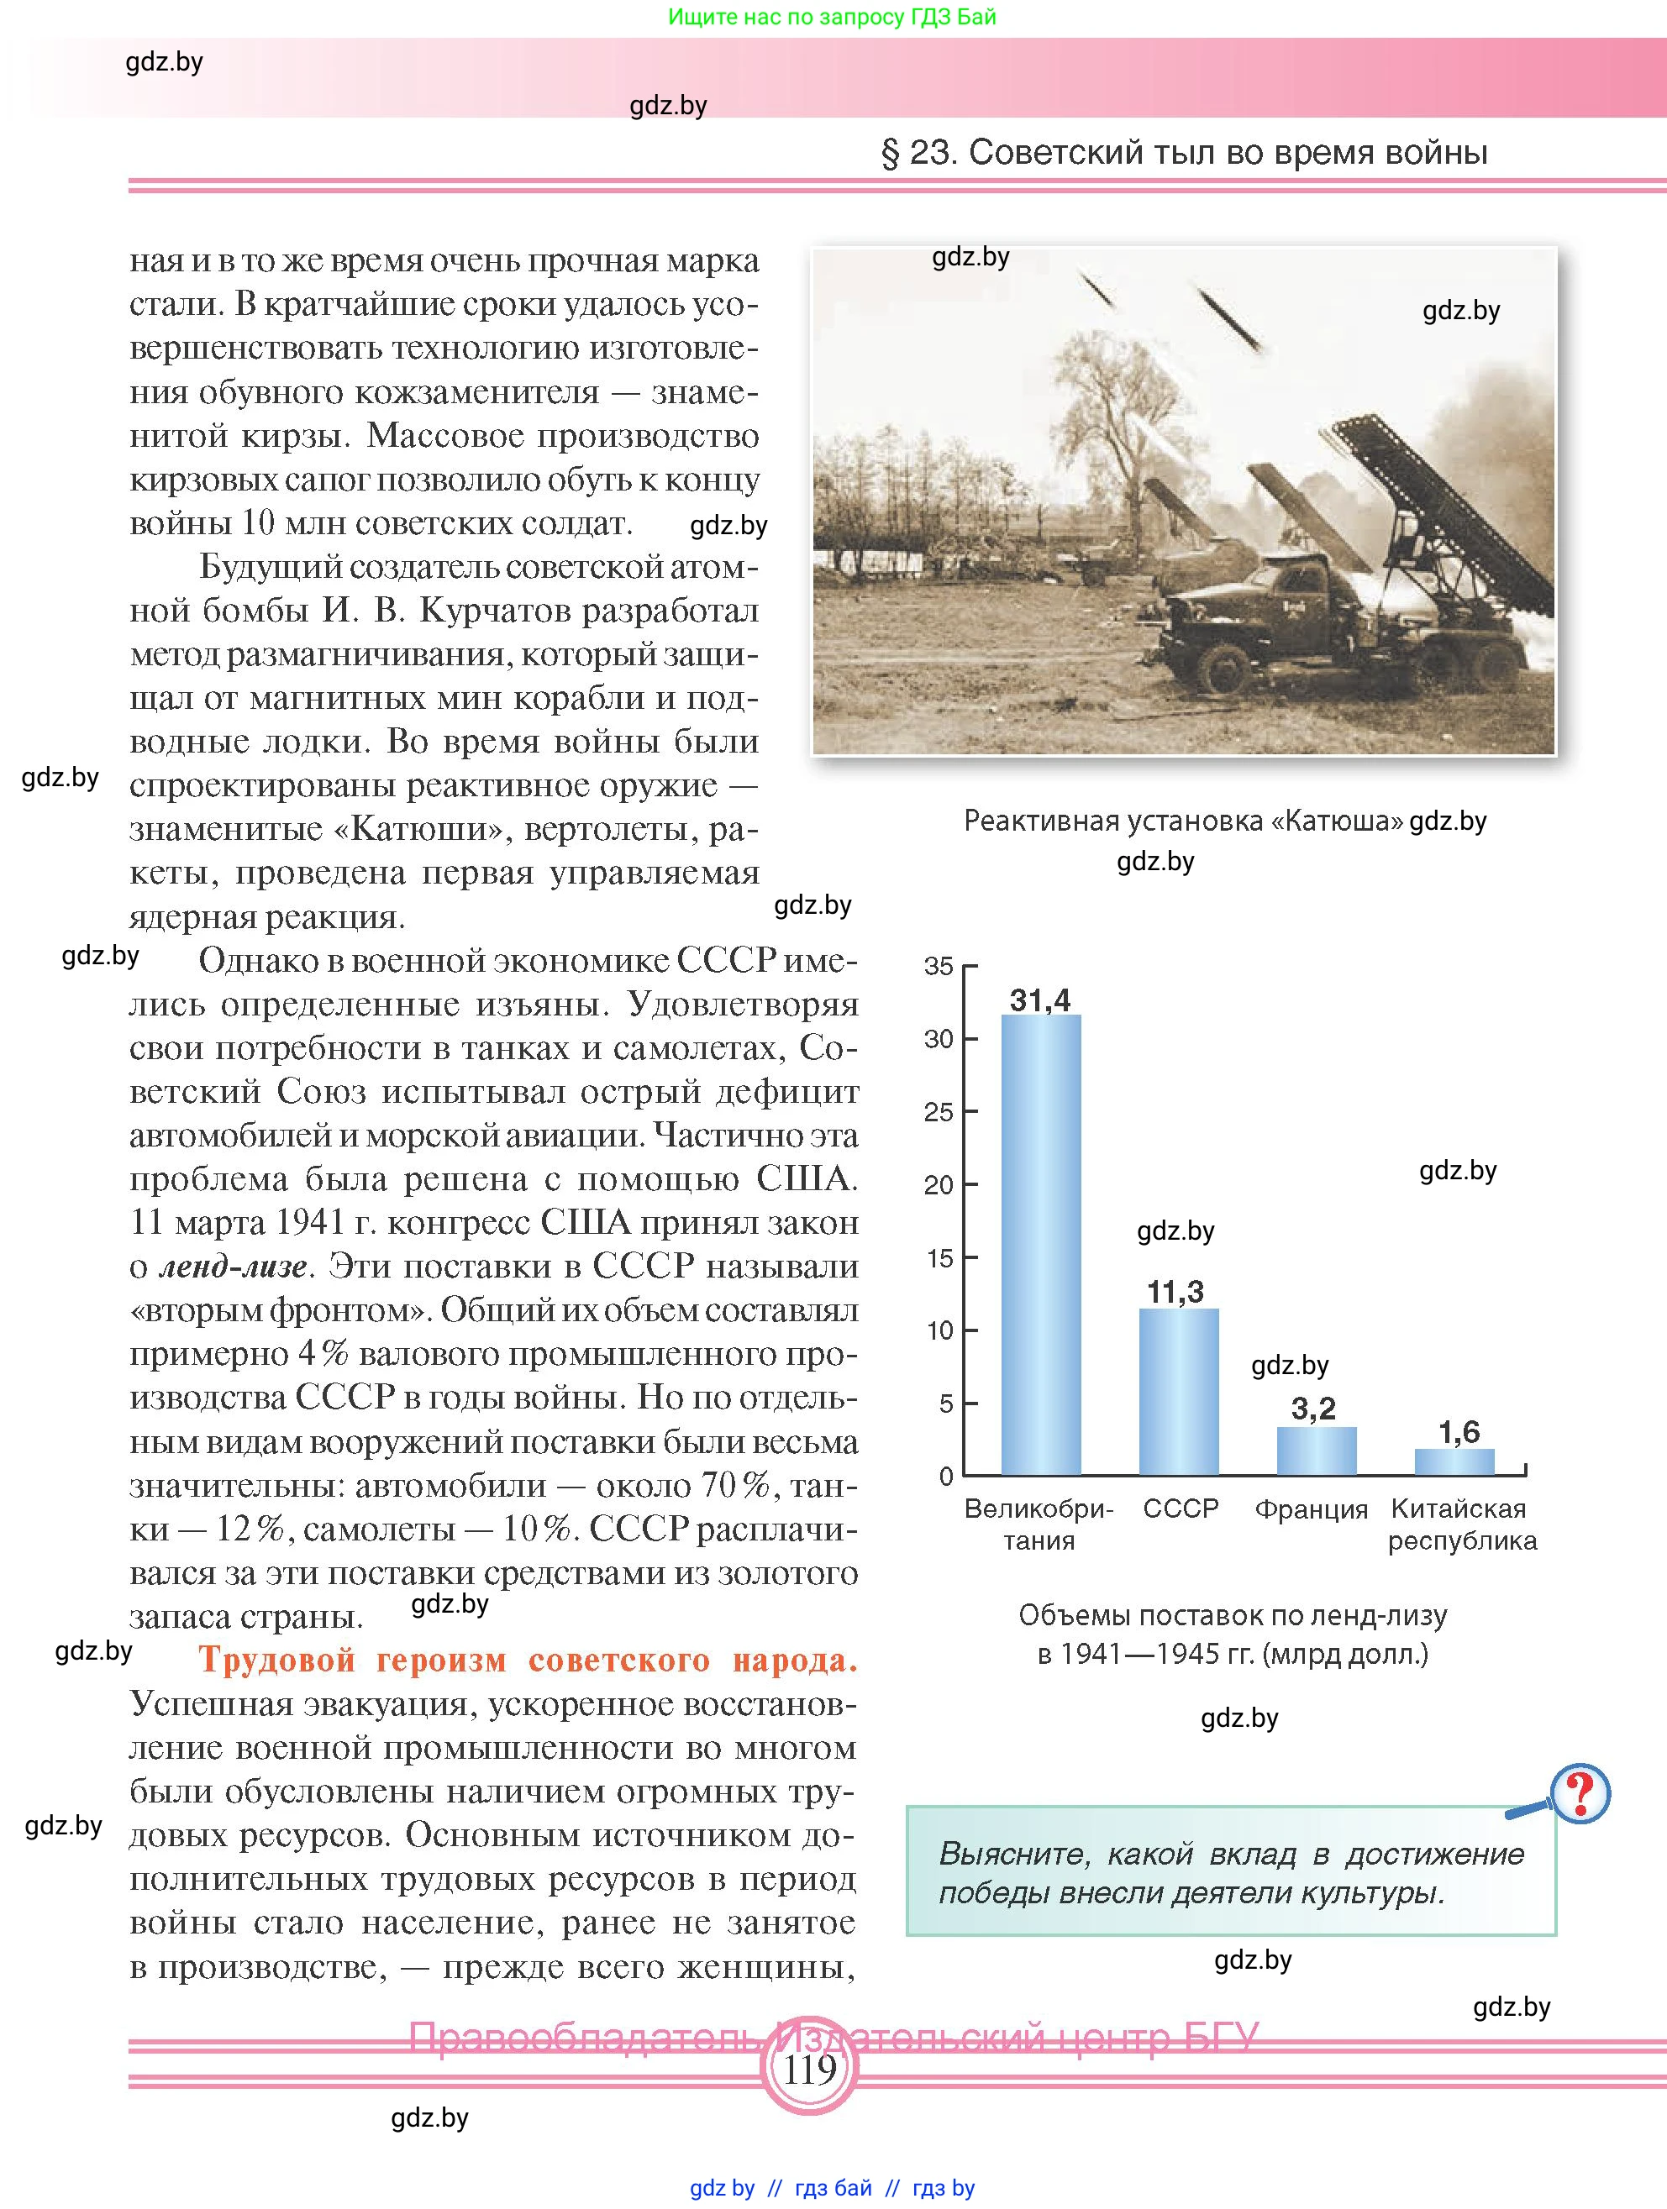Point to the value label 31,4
[x=1039, y=1000]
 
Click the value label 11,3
[x=1175, y=1293]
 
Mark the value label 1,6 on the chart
[x=1459, y=1432]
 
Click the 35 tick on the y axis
[x=939, y=966]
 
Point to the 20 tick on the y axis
[x=939, y=1184]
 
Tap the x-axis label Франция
[x=1311, y=1509]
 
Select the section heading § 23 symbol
[x=890, y=153]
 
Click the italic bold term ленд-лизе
[x=233, y=1267]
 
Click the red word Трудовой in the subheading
[x=276, y=1661]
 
